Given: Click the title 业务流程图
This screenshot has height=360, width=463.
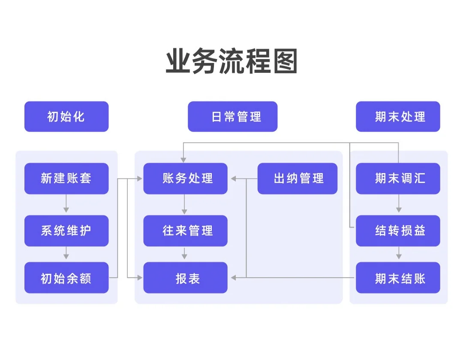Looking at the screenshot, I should (231, 62).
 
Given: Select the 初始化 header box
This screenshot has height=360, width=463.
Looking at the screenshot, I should (66, 117).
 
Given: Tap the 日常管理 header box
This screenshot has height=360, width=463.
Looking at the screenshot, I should (232, 117).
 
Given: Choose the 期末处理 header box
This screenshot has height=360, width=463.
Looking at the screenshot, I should (398, 117).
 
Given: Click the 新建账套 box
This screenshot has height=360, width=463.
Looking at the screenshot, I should (66, 178).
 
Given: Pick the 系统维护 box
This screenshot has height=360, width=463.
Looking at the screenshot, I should (66, 231).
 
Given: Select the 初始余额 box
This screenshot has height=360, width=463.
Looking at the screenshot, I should (66, 278).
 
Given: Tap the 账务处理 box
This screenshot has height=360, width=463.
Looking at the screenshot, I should (185, 178).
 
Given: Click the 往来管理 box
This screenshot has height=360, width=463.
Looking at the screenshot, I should (185, 231).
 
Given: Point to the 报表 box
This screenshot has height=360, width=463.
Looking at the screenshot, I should (185, 278).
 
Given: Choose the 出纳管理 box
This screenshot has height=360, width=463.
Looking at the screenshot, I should (298, 178).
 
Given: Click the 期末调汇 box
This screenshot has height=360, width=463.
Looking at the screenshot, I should (398, 178).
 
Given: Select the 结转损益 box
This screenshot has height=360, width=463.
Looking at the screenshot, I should (398, 231).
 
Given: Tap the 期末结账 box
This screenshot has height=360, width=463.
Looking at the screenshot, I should (398, 278).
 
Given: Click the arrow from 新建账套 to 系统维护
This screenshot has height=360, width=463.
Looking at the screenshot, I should (66, 204).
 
